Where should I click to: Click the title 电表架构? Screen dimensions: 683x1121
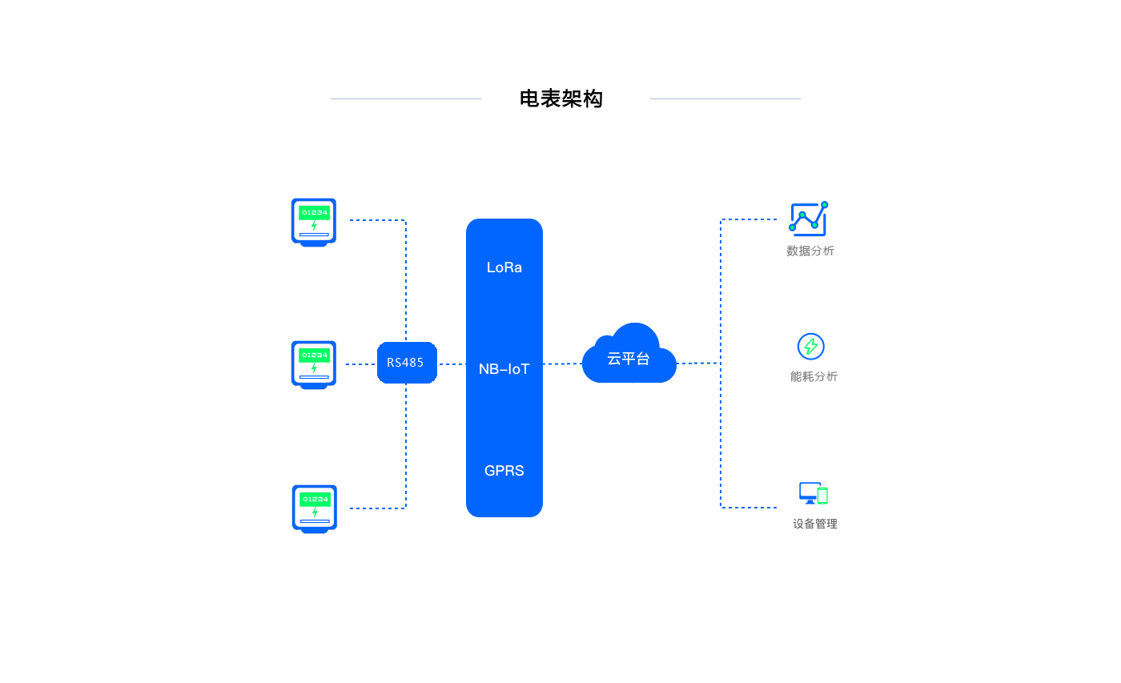(560, 98)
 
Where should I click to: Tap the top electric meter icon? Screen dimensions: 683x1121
(314, 222)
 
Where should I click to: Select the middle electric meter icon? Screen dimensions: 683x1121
(314, 364)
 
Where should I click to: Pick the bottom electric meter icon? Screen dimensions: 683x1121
(315, 508)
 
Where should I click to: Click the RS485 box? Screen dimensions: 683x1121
(407, 363)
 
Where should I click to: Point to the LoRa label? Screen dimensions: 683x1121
(504, 267)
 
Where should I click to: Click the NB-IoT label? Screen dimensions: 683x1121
(504, 369)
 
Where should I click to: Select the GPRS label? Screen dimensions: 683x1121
(504, 471)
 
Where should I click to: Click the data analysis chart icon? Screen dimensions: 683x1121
(809, 218)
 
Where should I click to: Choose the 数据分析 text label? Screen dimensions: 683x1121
(810, 251)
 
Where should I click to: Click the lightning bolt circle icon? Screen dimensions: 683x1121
(811, 346)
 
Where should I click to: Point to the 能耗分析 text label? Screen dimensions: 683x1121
(814, 376)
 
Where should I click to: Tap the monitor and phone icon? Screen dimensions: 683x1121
(813, 493)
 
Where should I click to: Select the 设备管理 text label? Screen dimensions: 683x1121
(815, 524)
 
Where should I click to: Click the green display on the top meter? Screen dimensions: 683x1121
(314, 212)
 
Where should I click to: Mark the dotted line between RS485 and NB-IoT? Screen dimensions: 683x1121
(452, 364)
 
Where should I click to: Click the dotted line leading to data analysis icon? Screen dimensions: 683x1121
(749, 219)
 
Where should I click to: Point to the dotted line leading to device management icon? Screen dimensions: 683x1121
(749, 508)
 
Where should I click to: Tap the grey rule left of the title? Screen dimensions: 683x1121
(406, 99)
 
